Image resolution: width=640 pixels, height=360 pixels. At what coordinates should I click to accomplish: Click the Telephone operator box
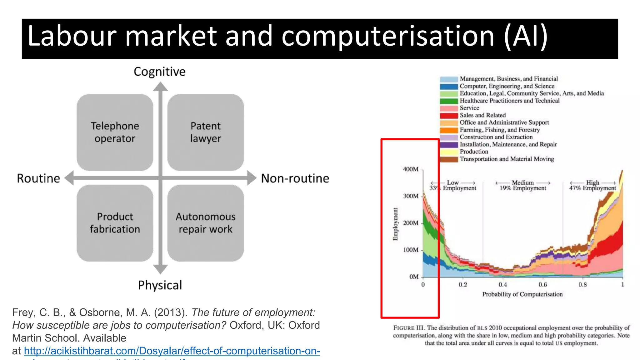(x=115, y=132)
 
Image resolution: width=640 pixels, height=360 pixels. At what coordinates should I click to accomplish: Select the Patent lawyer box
(x=205, y=132)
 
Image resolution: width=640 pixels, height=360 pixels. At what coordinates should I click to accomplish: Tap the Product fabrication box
(x=115, y=223)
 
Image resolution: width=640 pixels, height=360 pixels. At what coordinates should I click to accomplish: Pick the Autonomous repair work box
(x=205, y=223)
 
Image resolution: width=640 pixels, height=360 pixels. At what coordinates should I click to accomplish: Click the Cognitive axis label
(x=159, y=72)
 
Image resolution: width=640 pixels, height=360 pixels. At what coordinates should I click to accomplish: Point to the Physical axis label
(x=160, y=285)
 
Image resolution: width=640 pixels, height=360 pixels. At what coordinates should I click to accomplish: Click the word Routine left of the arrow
(x=38, y=178)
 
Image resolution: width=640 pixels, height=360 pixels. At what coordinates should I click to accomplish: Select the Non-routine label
(x=295, y=178)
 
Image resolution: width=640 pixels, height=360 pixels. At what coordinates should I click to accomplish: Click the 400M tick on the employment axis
(x=411, y=169)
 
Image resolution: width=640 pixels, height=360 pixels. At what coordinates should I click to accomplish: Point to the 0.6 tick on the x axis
(x=543, y=285)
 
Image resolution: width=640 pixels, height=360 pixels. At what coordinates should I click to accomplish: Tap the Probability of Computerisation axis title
(x=522, y=294)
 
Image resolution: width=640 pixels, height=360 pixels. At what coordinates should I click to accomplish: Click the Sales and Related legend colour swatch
(x=449, y=115)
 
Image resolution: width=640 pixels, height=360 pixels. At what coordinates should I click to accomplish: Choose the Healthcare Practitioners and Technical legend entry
(x=509, y=101)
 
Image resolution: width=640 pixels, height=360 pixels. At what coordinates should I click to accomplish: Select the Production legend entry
(x=474, y=152)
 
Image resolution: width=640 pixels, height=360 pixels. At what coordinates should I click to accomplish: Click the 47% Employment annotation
(x=592, y=188)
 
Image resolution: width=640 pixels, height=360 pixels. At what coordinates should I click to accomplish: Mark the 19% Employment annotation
(x=522, y=188)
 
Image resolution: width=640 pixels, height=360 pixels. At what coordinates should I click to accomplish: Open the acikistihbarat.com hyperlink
(x=172, y=351)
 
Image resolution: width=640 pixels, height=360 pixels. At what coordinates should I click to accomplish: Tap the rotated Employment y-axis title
(x=396, y=224)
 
